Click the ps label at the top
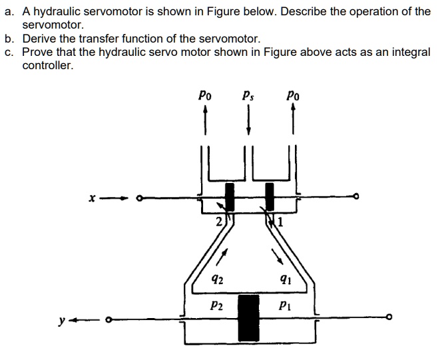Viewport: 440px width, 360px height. click(x=248, y=94)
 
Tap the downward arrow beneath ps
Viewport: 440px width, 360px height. click(x=248, y=122)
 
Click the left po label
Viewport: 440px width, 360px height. click(x=205, y=94)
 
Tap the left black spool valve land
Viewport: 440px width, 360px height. click(x=230, y=197)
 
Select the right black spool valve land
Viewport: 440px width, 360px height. click(x=270, y=197)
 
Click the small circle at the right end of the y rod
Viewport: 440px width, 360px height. click(x=392, y=317)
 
